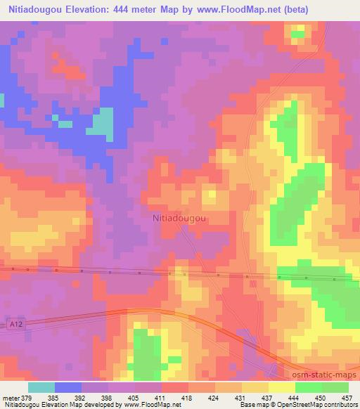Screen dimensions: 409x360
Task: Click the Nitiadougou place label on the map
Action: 179,219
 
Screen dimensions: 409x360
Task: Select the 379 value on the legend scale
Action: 28,396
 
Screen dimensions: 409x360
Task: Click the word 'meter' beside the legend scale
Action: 12,396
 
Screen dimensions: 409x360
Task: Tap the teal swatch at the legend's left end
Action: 41,387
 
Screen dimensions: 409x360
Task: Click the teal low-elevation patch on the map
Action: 103,123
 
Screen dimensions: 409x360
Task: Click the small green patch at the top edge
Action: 298,32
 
